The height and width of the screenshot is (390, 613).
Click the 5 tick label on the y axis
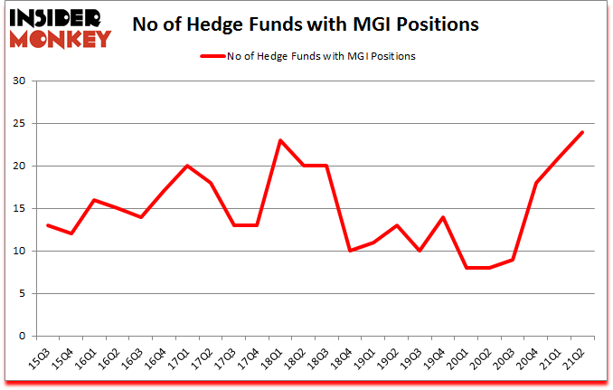pos(22,293)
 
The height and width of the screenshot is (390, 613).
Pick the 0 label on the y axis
pos(22,336)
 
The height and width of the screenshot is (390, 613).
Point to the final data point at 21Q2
pos(582,132)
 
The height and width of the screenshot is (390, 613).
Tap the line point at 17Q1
pos(186,166)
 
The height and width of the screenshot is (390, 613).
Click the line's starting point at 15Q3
pos(47,225)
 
